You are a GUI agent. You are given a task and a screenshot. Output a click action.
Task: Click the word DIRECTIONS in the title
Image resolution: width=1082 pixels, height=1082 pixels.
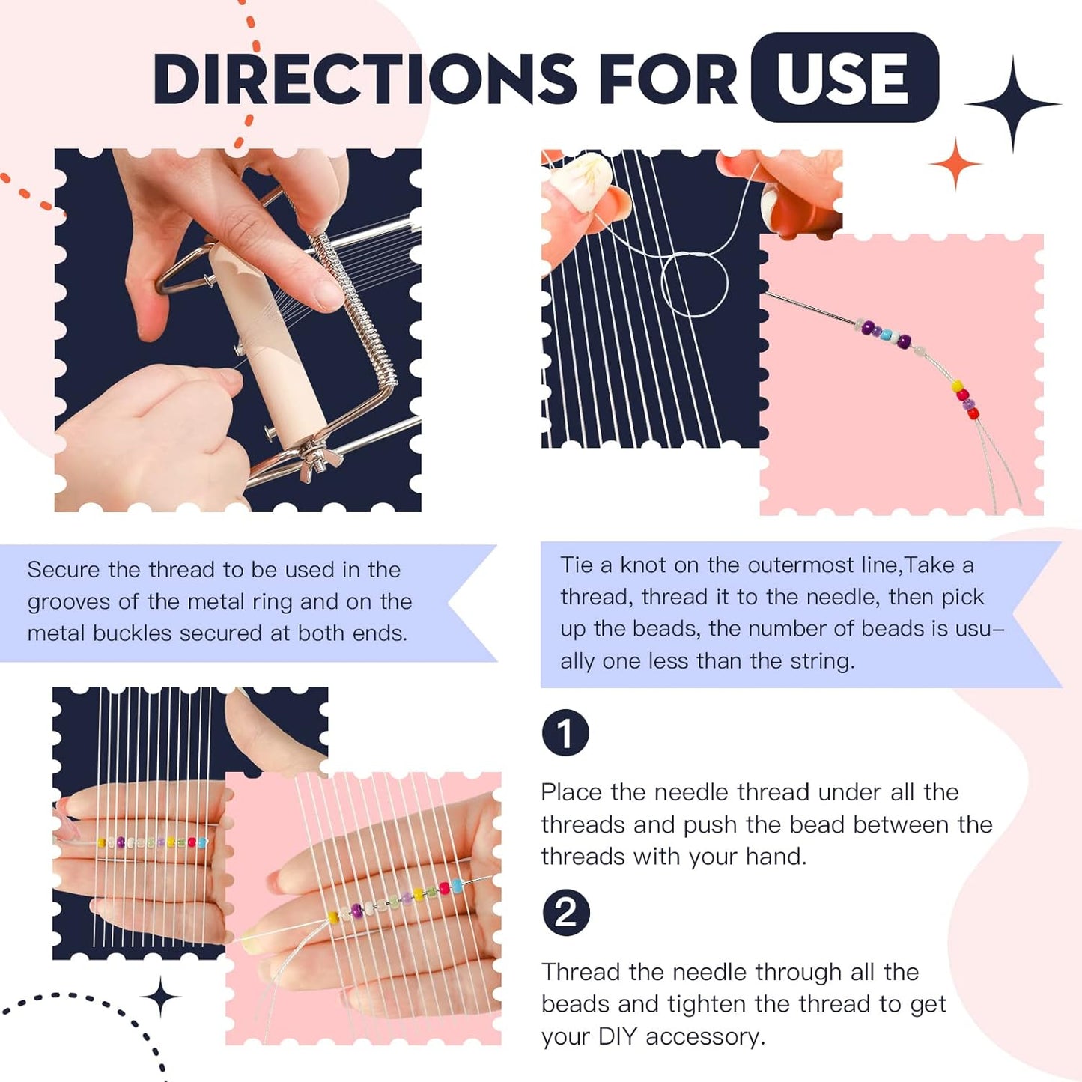[x=365, y=79]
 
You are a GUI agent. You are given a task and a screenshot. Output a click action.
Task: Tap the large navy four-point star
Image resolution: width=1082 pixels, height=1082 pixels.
[x=1012, y=104]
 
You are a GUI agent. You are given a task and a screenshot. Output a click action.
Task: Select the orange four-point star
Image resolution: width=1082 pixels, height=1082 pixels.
[x=955, y=164]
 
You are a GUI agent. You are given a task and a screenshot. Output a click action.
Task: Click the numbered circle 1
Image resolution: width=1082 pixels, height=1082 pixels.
[x=565, y=733]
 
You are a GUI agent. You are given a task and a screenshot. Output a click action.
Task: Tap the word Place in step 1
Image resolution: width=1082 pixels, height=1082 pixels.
[x=571, y=793]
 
